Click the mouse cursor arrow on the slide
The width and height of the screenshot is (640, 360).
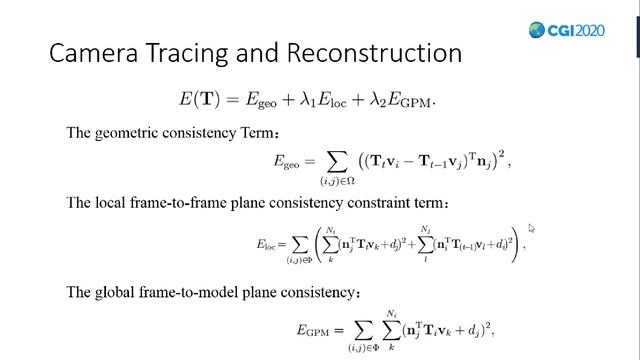(532, 229)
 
